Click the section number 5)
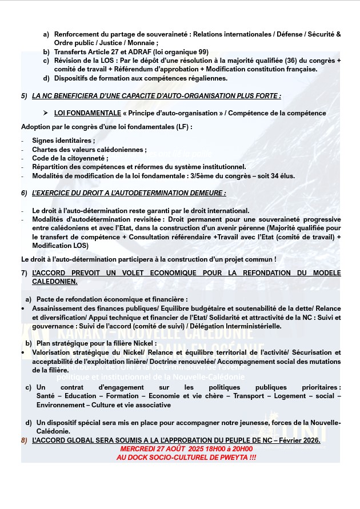pos(25,96)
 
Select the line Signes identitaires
pos(63,141)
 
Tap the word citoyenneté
pos(86,158)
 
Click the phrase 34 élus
pos(280,176)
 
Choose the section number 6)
pos(25,194)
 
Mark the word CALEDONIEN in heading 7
pos(55,281)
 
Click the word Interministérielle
pos(249,326)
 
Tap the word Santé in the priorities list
pos(46,396)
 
